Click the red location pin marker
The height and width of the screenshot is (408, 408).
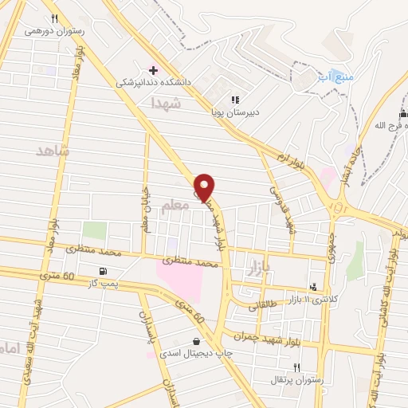pyautogui.click(x=205, y=187)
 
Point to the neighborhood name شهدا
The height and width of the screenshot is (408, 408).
pyautogui.click(x=167, y=104)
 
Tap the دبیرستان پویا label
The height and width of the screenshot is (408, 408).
pyautogui.click(x=230, y=112)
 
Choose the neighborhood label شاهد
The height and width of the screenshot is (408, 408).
pyautogui.click(x=53, y=149)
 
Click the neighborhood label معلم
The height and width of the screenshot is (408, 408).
pyautogui.click(x=176, y=206)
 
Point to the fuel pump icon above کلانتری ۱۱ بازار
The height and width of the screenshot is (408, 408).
pyautogui.click(x=314, y=285)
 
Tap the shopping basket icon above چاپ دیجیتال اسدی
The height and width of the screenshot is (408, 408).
pyautogui.click(x=196, y=342)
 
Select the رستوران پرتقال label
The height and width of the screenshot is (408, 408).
pyautogui.click(x=299, y=379)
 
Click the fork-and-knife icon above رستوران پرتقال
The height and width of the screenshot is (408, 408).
pyautogui.click(x=297, y=367)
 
